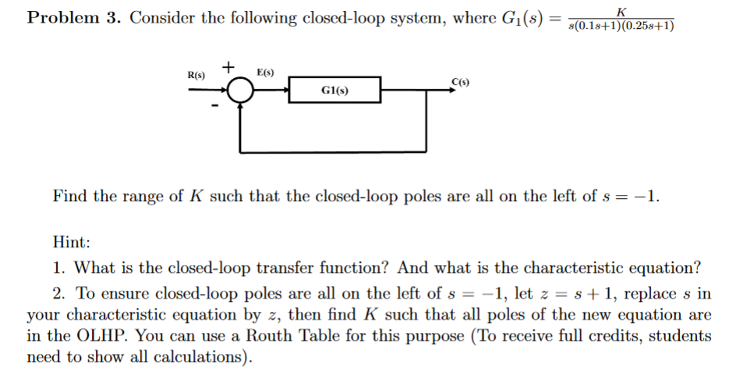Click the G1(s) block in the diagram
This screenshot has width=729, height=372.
[334, 90]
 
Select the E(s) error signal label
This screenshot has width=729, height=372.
[264, 72]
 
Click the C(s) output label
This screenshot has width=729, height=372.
[459, 81]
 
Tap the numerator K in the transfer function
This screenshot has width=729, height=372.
[621, 10]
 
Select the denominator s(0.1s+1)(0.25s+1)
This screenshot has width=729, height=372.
[621, 26]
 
